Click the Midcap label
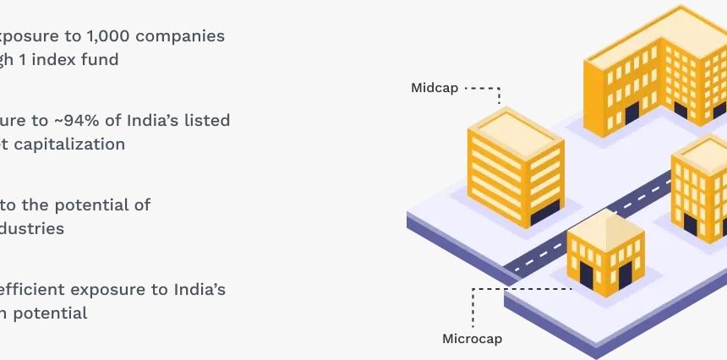click(x=435, y=88)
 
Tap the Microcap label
click(x=473, y=339)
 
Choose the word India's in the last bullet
click(x=200, y=290)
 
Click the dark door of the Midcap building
click(x=545, y=213)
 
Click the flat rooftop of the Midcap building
click(x=516, y=124)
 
